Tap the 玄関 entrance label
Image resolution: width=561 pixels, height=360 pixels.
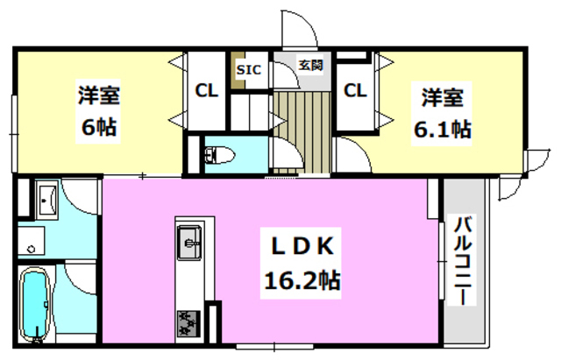point(309,64)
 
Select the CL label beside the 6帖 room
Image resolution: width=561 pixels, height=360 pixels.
point(207,89)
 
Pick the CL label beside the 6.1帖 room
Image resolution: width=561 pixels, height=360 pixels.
point(354,89)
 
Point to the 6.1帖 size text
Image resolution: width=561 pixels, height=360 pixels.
point(444,130)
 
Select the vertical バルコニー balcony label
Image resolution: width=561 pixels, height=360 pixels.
point(462,260)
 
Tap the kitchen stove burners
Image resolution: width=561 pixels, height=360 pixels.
point(189,322)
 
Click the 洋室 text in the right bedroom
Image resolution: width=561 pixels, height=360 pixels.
point(444,96)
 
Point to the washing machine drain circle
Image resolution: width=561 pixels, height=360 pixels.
point(32,249)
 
